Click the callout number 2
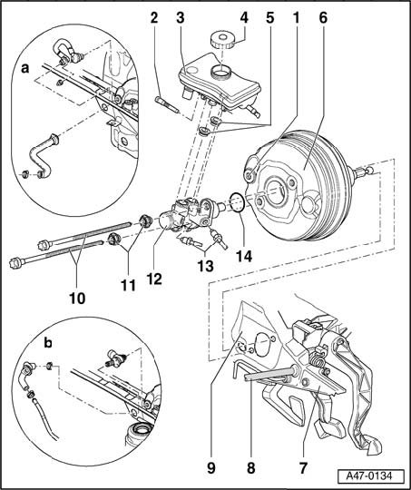point(154,18)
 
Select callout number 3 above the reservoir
point(181,18)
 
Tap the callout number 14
point(243,256)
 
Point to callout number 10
point(77,299)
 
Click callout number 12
point(154,279)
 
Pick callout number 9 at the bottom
point(211,468)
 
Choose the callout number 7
point(303,468)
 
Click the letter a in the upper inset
point(24,68)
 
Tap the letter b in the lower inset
point(48,343)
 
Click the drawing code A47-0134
point(368,476)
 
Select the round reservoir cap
point(222,39)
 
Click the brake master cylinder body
point(188,216)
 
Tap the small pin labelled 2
point(167,105)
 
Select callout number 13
point(205,266)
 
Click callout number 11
point(129,285)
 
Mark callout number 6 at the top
point(323,18)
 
